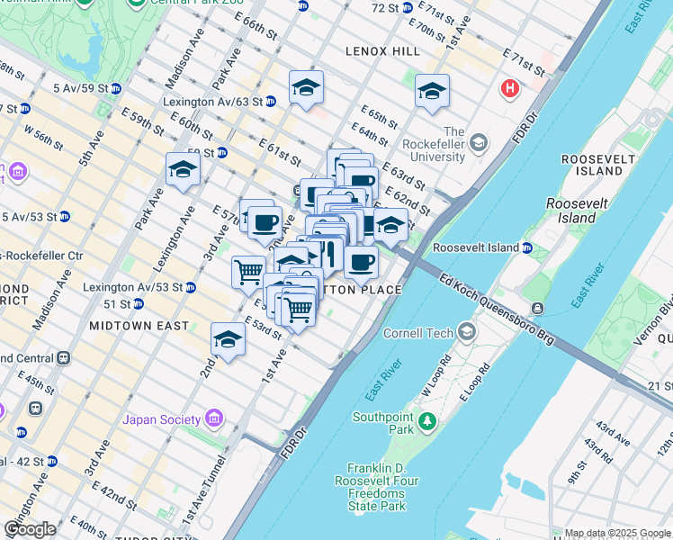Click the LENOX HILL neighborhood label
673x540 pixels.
(383, 52)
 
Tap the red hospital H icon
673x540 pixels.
(510, 89)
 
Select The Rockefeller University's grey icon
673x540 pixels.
(479, 142)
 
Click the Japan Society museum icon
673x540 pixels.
(213, 418)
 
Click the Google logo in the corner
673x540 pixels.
(30, 528)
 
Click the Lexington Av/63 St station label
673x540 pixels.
(212, 102)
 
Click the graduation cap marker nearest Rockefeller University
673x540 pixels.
(432, 91)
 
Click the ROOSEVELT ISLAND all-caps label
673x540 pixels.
(591, 165)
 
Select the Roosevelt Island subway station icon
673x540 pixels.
(530, 247)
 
